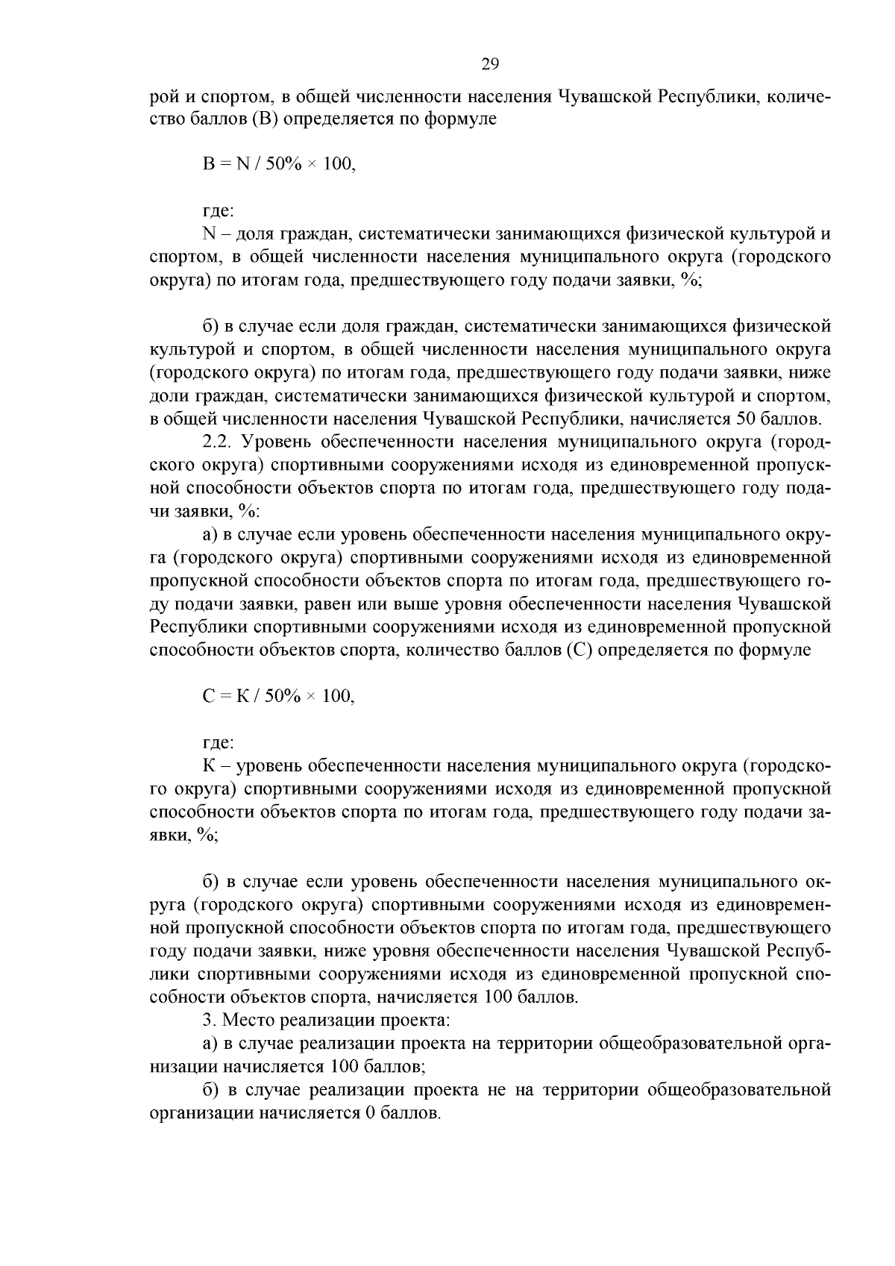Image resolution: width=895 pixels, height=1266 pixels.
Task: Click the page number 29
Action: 490,63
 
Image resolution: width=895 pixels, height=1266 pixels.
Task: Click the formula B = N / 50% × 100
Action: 279,165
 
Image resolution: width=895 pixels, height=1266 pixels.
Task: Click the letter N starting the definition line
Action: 209,234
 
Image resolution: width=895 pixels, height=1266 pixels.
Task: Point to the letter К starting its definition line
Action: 209,766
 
